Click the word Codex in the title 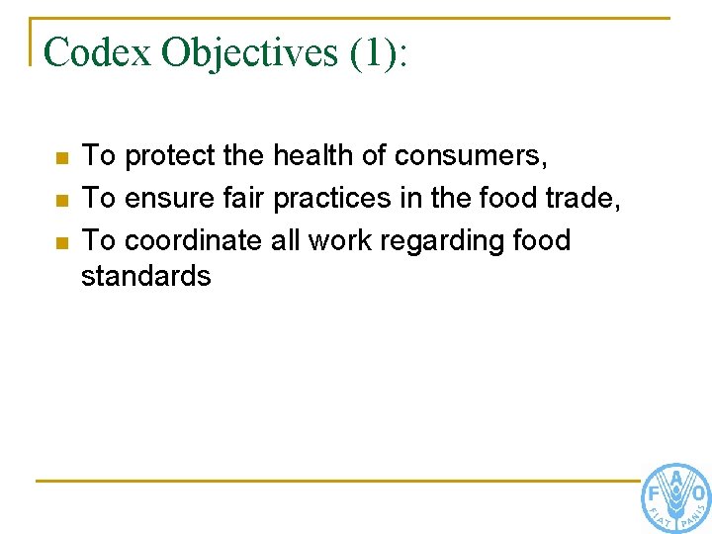click(x=98, y=52)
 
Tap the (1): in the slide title click(x=378, y=52)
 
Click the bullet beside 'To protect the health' click(x=61, y=158)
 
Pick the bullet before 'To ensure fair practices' click(x=61, y=201)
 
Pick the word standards click(x=146, y=276)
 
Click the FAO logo click(x=675, y=497)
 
